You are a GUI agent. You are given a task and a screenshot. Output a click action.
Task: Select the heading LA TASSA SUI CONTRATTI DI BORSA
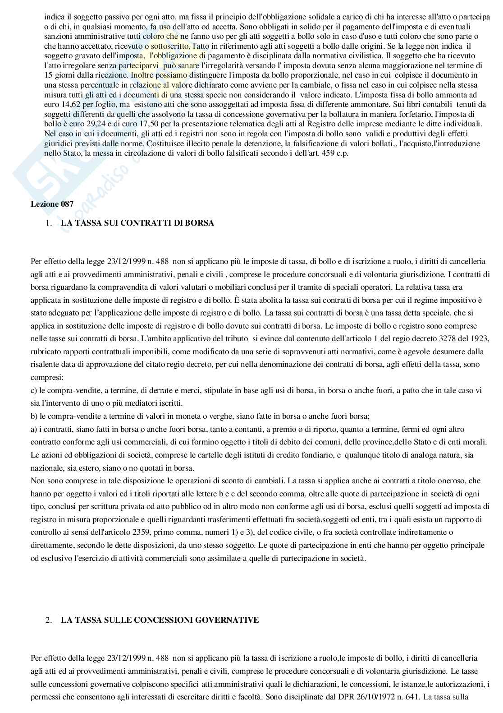tap(137, 223)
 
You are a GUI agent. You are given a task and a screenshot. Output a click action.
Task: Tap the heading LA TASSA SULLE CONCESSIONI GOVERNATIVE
tap(160, 620)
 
